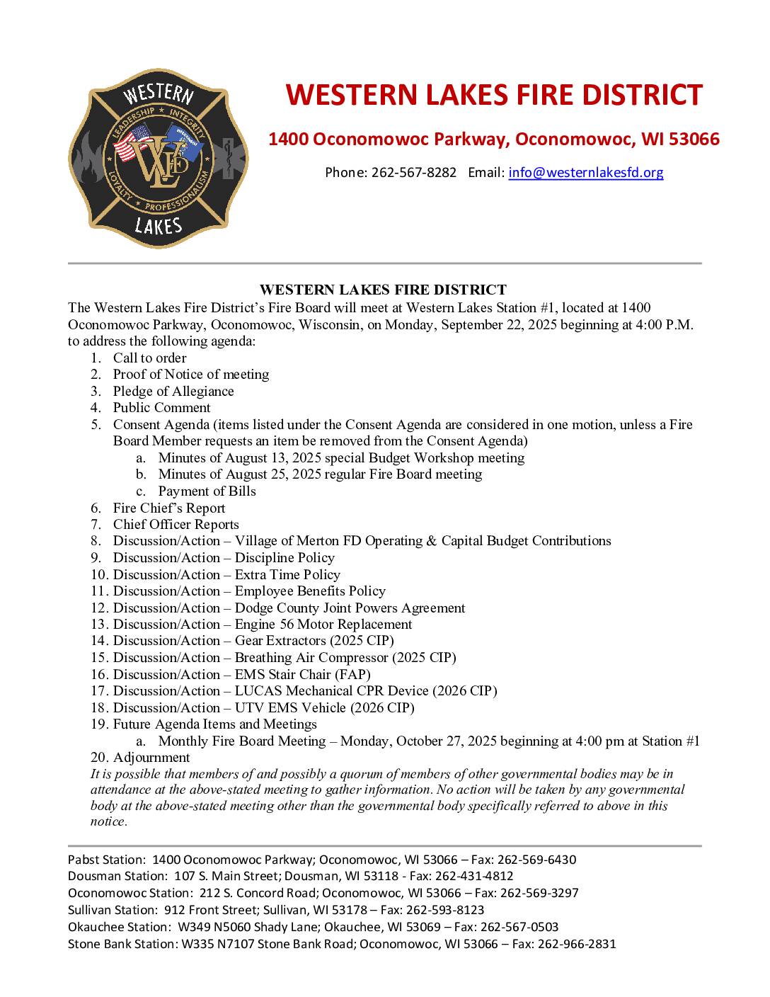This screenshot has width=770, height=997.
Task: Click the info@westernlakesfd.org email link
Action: (585, 172)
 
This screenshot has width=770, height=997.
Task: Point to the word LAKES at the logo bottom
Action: (159, 226)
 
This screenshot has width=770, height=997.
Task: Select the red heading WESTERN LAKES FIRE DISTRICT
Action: (494, 95)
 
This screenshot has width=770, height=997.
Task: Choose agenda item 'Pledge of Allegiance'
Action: (173, 391)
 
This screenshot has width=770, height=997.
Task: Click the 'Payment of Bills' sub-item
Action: (207, 491)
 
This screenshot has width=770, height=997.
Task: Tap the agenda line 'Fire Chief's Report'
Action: (169, 508)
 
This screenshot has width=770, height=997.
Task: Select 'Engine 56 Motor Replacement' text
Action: (323, 624)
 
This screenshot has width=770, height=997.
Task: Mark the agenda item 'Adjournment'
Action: (151, 757)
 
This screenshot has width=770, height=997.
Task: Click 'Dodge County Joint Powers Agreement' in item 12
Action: (350, 608)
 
